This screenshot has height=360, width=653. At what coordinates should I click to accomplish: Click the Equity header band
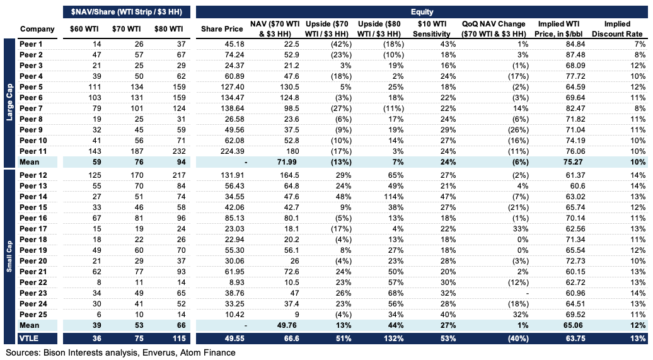[x=422, y=11]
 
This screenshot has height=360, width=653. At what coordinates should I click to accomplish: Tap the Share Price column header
[x=221, y=29]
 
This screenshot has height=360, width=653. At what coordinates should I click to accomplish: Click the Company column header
[x=37, y=29]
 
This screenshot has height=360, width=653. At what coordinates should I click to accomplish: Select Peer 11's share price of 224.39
[x=231, y=151]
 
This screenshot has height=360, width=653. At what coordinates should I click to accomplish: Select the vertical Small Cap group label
[x=8, y=249]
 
